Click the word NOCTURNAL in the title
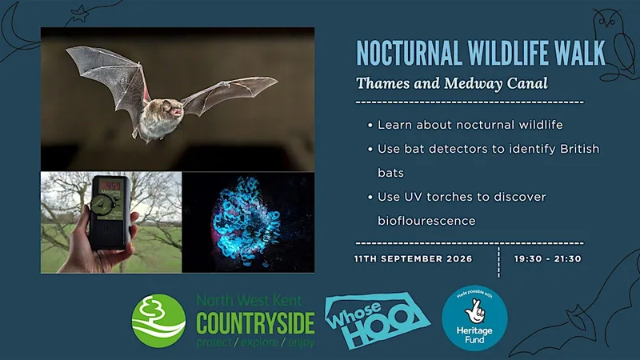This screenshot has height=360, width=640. click(410, 53)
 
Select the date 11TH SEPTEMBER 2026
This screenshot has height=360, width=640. click(413, 258)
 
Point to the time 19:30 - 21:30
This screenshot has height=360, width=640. click(547, 258)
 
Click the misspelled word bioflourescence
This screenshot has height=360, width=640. click(426, 221)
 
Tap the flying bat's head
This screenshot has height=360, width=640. click(170, 108)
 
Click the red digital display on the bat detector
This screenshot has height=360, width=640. click(110, 186)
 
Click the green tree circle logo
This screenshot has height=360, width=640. click(158, 321)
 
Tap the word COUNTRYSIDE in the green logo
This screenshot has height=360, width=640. click(255, 323)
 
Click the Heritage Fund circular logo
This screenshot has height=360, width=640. click(474, 318)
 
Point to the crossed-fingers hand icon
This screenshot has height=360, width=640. click(474, 311)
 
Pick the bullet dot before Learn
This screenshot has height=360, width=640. click(370, 126)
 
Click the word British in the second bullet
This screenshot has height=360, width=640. click(579, 149)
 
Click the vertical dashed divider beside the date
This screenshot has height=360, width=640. click(498, 262)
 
